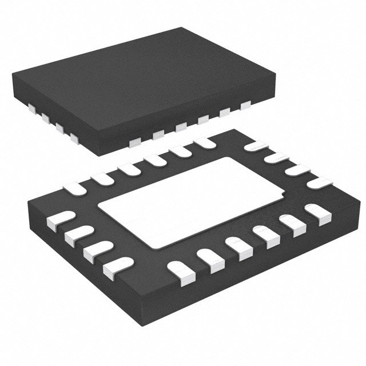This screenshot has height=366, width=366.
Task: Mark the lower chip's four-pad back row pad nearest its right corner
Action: (318, 183)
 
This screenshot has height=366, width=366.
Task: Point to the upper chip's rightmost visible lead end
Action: (246, 105)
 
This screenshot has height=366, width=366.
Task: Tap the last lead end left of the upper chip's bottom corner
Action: (74, 137)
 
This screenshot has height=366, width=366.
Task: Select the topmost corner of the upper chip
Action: (182, 27)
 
